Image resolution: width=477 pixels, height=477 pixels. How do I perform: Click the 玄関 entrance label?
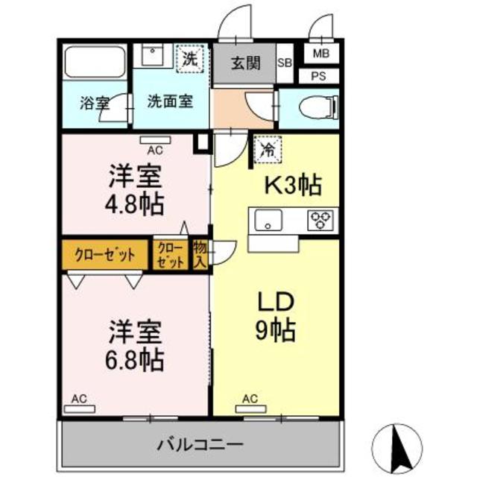click(245, 63)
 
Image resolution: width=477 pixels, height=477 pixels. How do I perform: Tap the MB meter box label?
click(320, 53)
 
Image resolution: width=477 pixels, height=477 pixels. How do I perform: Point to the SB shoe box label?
click(285, 63)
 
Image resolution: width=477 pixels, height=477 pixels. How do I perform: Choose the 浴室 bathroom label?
click(93, 103)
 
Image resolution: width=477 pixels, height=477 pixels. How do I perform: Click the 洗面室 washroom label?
click(169, 101)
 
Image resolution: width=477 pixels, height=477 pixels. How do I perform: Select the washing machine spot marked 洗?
click(187, 60)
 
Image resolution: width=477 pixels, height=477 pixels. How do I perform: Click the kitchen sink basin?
click(268, 220)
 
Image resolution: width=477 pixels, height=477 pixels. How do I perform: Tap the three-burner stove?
click(321, 219)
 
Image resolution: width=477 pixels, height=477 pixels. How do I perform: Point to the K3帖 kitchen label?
click(294, 186)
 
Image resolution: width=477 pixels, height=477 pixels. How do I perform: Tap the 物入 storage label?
click(200, 254)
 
